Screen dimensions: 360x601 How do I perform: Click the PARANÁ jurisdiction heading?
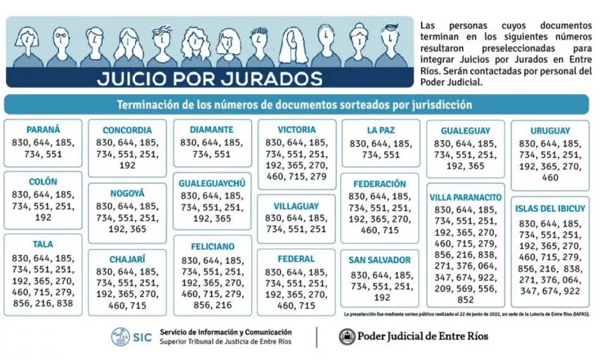(42, 129)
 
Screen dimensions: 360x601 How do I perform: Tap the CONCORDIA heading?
(127, 130)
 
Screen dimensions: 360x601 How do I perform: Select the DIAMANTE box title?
(212, 129)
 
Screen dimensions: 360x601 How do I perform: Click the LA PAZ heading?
(381, 130)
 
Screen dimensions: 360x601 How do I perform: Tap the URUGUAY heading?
(551, 130)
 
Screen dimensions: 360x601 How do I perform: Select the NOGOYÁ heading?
(127, 194)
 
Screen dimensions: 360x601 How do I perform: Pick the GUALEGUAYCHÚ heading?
(212, 183)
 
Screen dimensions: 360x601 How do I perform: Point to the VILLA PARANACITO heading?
(465, 196)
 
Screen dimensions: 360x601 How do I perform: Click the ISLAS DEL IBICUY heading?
(551, 208)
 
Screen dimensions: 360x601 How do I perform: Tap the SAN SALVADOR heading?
(381, 261)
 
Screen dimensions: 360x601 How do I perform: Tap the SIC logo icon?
(120, 337)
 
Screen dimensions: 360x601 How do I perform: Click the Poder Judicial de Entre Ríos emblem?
(347, 337)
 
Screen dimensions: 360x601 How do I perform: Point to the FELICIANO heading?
(212, 247)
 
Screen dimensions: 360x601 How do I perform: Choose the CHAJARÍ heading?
(127, 258)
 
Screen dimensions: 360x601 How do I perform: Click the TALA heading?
(42, 245)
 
